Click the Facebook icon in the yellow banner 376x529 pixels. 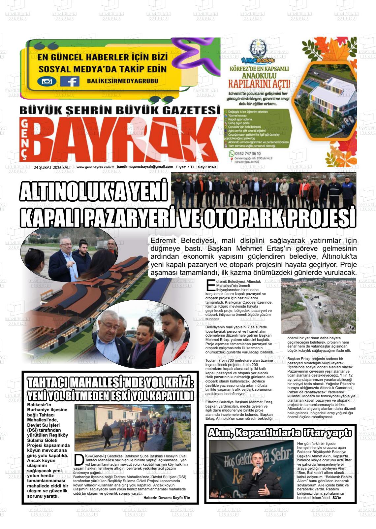click(x=70, y=81)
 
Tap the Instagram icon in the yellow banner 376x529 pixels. click(x=47, y=81)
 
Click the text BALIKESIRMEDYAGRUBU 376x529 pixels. click(x=122, y=81)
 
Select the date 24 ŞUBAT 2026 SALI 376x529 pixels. click(x=52, y=167)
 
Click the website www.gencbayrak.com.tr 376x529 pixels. click(x=95, y=167)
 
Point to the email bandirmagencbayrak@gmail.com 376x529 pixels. click(x=145, y=167)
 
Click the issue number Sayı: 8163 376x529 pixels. click(x=207, y=167)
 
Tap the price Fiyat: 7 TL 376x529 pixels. click(x=185, y=167)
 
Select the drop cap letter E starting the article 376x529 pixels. click(x=210, y=285)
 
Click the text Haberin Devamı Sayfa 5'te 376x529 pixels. click(x=167, y=498)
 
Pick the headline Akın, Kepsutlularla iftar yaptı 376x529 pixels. click(x=280, y=433)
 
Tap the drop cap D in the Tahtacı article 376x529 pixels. click(x=78, y=459)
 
